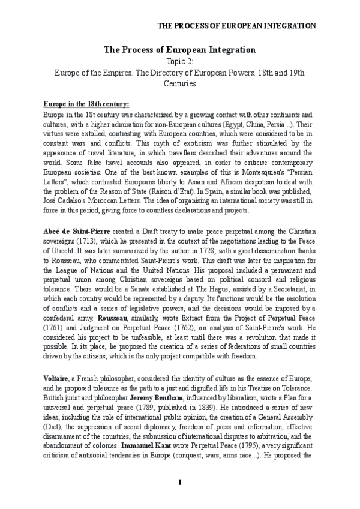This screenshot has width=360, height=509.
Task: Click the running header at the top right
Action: click(236, 26)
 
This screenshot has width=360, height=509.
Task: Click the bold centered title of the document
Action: click(180, 50)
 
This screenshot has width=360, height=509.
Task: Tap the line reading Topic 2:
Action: click(180, 61)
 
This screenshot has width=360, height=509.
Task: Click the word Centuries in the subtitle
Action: click(180, 84)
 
